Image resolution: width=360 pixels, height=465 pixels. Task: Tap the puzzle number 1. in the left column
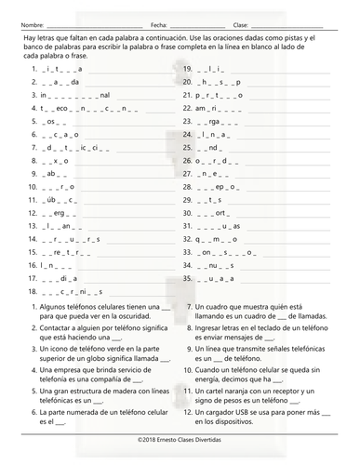pyautogui.click(x=33, y=69)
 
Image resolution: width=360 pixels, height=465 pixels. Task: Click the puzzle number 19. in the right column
pyautogui.click(x=188, y=69)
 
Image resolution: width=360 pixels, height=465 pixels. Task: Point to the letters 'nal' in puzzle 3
pyautogui.click(x=104, y=95)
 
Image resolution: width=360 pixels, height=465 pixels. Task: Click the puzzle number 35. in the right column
pyautogui.click(x=188, y=276)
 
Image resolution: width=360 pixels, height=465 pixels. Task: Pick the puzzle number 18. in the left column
pyautogui.click(x=34, y=289)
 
